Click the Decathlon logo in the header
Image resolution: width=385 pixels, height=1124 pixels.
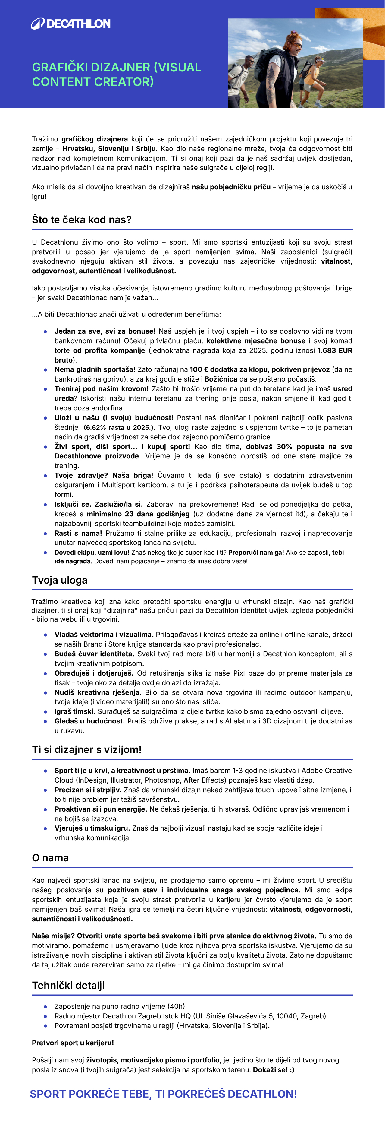(70, 24)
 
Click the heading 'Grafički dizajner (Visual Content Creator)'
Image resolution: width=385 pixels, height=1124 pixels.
(116, 74)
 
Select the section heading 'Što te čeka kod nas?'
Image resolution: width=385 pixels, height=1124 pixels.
(82, 220)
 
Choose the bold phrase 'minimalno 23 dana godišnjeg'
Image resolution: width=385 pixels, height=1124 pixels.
(138, 514)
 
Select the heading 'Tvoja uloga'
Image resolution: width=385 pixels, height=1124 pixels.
(60, 580)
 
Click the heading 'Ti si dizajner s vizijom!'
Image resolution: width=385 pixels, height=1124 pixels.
(87, 750)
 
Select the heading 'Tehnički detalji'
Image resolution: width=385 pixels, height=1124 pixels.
(68, 985)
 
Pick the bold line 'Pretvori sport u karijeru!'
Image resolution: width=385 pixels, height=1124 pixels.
(73, 1043)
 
